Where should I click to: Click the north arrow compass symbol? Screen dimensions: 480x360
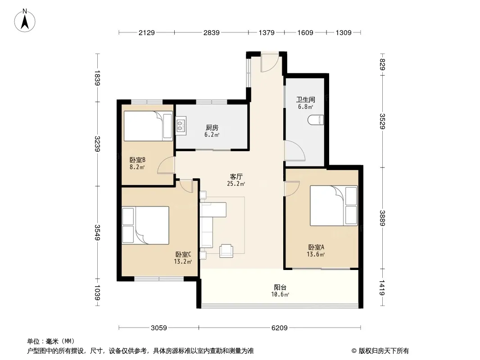pyautogui.click(x=25, y=21)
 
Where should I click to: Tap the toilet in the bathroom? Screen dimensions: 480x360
pyautogui.click(x=316, y=120)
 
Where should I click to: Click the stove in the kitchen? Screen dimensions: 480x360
pyautogui.click(x=181, y=126)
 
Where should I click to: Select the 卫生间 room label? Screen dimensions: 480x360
pyautogui.click(x=305, y=99)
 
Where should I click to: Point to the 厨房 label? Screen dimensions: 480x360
pyautogui.click(x=212, y=127)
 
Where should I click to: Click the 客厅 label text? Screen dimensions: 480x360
pyautogui.click(x=236, y=176)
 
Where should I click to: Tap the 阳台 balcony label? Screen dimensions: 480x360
pyautogui.click(x=280, y=287)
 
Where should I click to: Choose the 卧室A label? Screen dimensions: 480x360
pyautogui.click(x=316, y=247)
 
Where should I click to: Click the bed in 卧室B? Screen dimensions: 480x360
pyautogui.click(x=148, y=126)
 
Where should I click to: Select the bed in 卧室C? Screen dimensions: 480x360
pyautogui.click(x=145, y=225)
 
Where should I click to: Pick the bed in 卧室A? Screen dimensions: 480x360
pyautogui.click(x=334, y=206)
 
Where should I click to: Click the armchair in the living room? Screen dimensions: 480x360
pyautogui.click(x=226, y=251)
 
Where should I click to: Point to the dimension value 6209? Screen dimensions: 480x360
pyautogui.click(x=280, y=328)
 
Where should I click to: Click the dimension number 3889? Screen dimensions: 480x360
pyautogui.click(x=382, y=218)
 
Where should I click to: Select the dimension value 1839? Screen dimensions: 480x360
pyautogui.click(x=97, y=78)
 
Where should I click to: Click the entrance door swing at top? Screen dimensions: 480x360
pyautogui.click(x=270, y=63)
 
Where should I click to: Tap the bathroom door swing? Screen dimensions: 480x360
pyautogui.click(x=294, y=150)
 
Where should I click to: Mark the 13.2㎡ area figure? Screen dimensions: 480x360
pyautogui.click(x=183, y=261)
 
